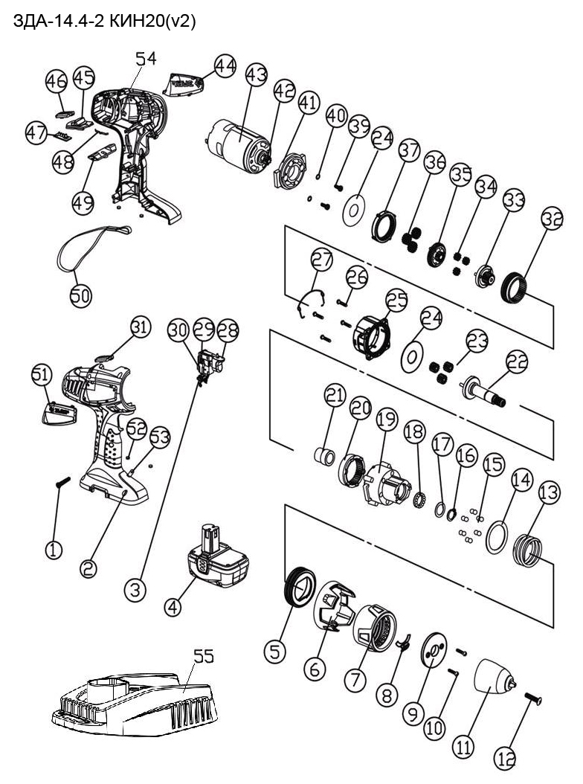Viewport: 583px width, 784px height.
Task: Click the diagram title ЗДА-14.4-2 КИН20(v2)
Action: tap(105, 22)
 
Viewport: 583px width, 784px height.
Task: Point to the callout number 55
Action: tap(204, 656)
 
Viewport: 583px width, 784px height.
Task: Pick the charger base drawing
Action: tap(134, 703)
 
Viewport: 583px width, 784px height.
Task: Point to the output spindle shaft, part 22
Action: tap(483, 390)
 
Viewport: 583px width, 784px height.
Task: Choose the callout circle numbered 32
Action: tap(552, 219)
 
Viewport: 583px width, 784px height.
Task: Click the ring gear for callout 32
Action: tap(518, 287)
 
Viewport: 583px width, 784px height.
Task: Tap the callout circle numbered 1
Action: tap(54, 550)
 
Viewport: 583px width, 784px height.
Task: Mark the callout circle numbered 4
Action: tap(173, 606)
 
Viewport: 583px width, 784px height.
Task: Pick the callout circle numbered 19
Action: tap(387, 421)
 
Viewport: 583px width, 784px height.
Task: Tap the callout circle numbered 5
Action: tap(275, 652)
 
